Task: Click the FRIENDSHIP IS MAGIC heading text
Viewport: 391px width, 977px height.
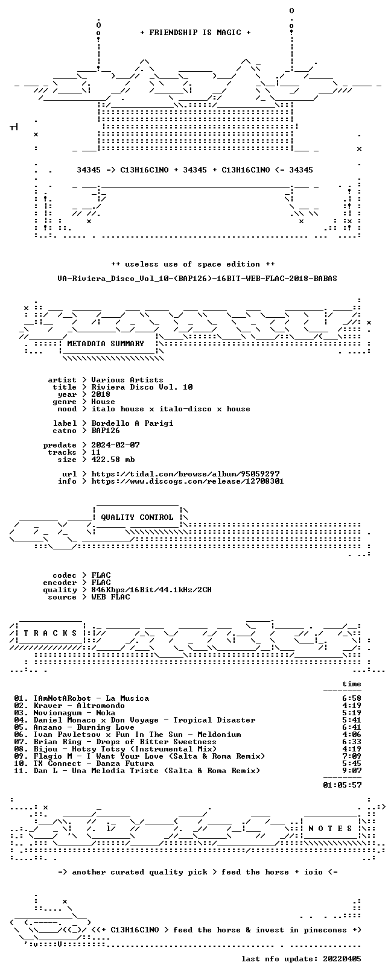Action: (x=195, y=33)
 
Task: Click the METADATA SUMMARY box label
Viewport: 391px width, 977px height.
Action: (x=106, y=344)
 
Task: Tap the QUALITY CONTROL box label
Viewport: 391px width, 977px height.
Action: (x=137, y=517)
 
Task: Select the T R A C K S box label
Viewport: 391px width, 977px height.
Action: (x=50, y=633)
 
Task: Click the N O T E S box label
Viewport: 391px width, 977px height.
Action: (x=330, y=828)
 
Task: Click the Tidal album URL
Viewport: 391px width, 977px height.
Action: (x=185, y=473)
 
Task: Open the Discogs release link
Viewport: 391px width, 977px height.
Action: (x=188, y=481)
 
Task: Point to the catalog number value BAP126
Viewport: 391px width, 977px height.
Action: (x=106, y=431)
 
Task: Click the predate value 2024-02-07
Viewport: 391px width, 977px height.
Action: (x=116, y=445)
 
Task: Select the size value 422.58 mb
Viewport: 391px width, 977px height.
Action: (x=113, y=460)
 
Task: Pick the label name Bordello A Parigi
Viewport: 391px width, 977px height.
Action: (x=132, y=423)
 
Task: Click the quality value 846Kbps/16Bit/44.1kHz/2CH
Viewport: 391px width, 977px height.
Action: (x=151, y=590)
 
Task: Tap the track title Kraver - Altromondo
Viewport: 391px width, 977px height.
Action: (x=79, y=706)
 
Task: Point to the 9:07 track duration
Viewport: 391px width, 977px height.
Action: (x=352, y=771)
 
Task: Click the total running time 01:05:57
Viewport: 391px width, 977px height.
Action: (x=342, y=785)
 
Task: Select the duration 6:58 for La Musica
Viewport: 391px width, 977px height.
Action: (x=352, y=698)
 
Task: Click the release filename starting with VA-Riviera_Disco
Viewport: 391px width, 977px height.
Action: (x=197, y=278)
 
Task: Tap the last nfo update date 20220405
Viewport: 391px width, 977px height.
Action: (x=342, y=959)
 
